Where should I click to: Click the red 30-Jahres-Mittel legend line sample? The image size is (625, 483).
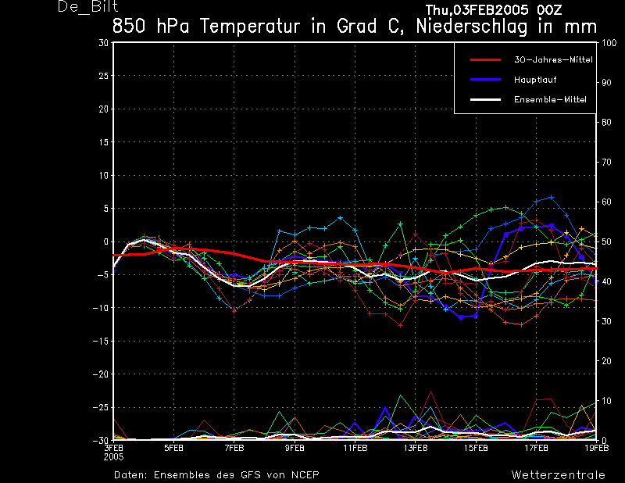(485, 60)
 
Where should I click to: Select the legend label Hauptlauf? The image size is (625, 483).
(535, 80)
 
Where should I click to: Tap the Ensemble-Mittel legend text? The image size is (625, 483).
(550, 100)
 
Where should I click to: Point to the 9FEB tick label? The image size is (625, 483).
(295, 448)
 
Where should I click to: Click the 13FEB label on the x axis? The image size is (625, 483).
(416, 448)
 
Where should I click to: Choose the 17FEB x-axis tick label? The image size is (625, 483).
(536, 448)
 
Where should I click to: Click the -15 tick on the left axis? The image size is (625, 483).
(100, 342)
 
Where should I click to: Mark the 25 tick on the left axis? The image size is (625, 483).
(103, 76)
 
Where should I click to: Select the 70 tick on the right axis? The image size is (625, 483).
(606, 162)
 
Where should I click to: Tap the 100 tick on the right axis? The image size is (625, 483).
(609, 43)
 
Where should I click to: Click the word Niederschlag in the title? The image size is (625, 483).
(472, 27)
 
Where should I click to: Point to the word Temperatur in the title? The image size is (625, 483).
(250, 27)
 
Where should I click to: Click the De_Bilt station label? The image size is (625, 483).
(87, 7)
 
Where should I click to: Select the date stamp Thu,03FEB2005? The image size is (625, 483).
(477, 9)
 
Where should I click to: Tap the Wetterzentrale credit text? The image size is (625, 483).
(558, 474)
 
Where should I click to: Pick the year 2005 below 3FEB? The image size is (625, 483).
(113, 457)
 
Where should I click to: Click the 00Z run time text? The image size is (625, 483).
(549, 9)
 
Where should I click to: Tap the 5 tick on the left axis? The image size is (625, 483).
(105, 209)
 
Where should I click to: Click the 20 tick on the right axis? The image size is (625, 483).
(606, 361)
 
